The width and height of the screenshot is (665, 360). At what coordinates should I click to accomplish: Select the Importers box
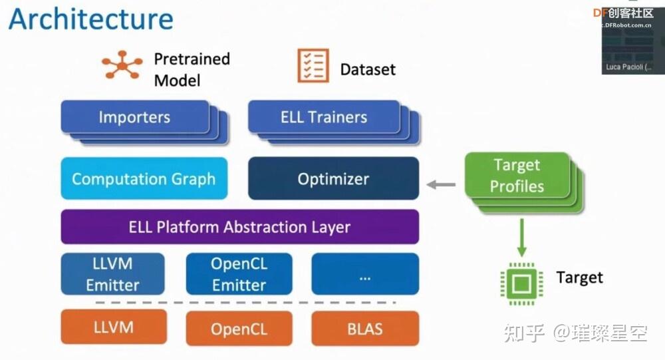point(134,117)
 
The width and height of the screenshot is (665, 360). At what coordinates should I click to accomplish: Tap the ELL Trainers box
point(323,117)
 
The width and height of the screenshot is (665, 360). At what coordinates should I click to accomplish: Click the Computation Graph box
point(144,178)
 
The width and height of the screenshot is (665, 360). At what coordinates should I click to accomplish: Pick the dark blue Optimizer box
point(333,178)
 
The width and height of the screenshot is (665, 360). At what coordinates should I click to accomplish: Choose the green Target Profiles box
point(517,176)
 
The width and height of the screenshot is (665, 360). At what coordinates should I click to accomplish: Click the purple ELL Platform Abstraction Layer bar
point(239,227)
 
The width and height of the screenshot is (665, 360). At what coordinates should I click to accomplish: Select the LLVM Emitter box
point(112,273)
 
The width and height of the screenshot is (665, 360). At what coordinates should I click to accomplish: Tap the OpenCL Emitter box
point(239,273)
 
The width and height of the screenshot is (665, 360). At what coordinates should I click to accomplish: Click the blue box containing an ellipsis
point(365,273)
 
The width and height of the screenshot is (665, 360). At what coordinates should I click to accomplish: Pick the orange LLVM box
point(113,327)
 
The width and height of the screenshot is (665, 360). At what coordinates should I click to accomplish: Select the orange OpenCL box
point(239,328)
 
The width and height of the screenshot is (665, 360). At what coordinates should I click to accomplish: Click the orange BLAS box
point(365,328)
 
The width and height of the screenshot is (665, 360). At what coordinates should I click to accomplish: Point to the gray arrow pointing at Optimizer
point(441,184)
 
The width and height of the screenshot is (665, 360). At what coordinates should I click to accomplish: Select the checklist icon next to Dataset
point(313,66)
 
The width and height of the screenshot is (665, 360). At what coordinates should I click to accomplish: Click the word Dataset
point(368,69)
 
